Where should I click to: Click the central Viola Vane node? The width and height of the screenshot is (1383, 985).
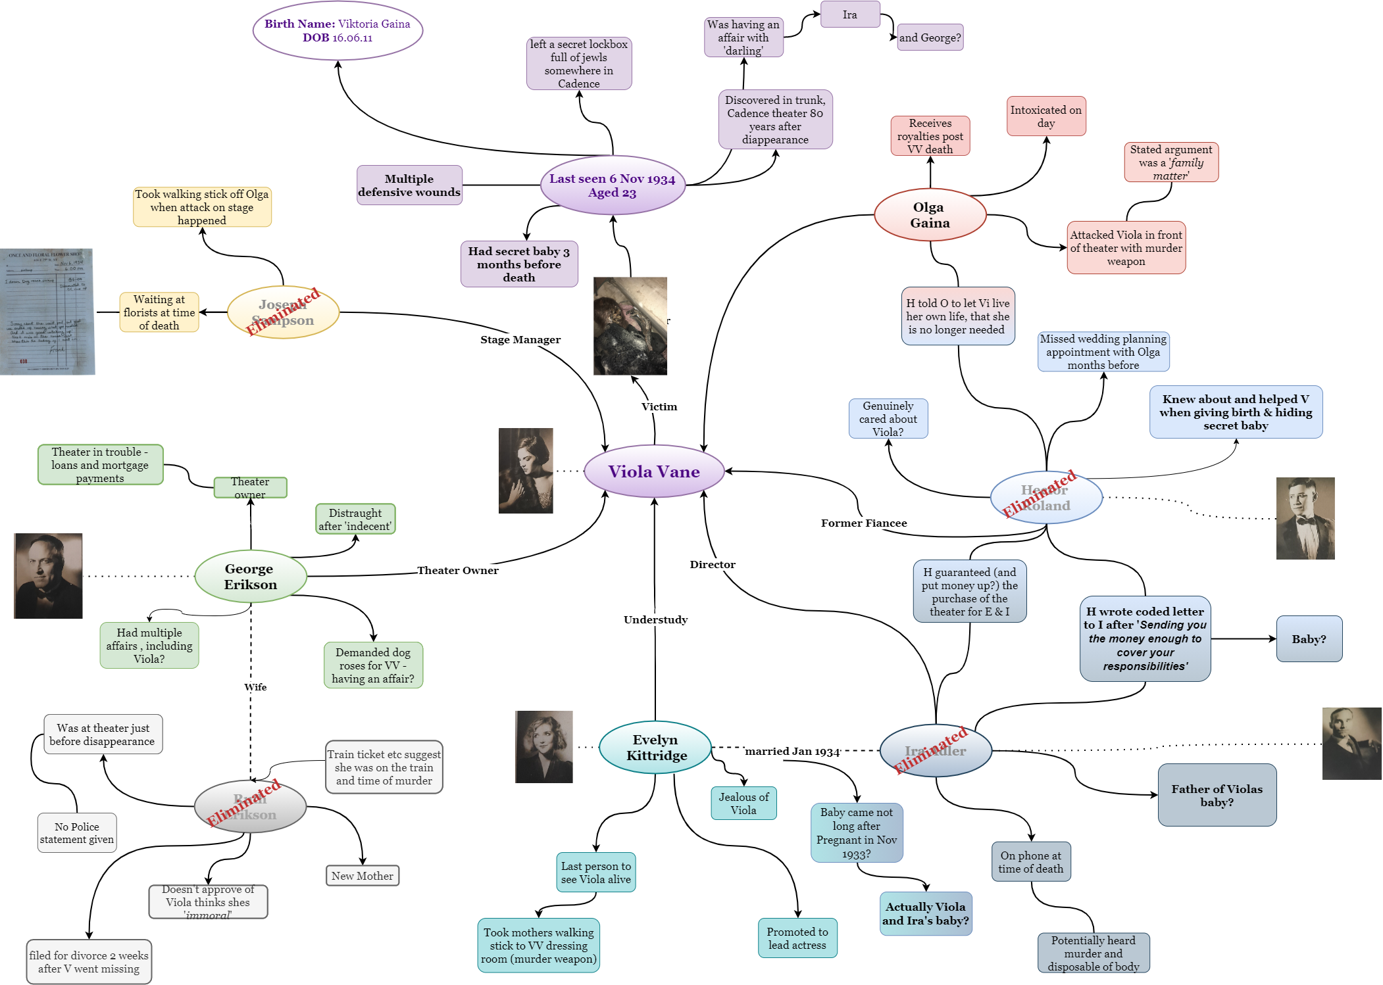tap(654, 471)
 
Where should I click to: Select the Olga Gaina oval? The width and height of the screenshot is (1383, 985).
tap(930, 215)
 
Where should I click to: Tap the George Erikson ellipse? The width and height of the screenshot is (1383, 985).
tap(251, 576)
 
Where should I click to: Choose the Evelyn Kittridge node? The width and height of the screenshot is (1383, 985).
tap(655, 747)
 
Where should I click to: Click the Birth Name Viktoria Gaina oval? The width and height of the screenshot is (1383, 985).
tap(338, 31)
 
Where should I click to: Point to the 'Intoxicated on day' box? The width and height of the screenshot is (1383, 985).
tap(1045, 116)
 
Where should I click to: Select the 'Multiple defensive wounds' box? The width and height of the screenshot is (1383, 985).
tap(409, 185)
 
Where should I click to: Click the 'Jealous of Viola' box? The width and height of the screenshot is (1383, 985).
tap(743, 804)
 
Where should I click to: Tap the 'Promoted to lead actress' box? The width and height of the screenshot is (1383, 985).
tap(797, 938)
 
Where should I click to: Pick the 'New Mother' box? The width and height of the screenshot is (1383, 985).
tap(363, 876)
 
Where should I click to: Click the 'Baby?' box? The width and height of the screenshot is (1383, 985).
tap(1309, 639)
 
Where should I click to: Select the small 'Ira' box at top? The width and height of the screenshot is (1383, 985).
tap(850, 14)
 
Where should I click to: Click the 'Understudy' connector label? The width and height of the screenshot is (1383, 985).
tap(655, 619)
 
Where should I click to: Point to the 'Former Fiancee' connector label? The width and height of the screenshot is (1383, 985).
tap(864, 523)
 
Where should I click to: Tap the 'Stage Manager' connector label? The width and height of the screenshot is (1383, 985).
tap(520, 340)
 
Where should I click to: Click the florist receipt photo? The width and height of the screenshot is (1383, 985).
tap(47, 312)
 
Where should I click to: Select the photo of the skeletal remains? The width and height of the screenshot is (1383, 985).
tap(630, 326)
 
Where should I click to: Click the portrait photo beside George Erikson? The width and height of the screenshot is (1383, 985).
tap(49, 576)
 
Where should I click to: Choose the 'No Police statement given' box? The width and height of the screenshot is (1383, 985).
tap(77, 833)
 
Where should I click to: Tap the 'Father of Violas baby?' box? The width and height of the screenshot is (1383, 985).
tap(1217, 795)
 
